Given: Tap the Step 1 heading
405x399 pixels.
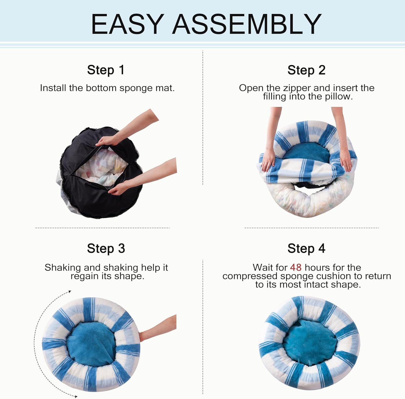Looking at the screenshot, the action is click(106, 70).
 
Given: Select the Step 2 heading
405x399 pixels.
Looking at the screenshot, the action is click(306, 70).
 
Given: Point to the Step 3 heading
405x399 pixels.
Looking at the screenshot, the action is click(106, 248).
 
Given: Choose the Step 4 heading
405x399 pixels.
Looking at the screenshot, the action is click(306, 248).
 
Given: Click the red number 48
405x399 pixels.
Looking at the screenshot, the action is click(296, 267).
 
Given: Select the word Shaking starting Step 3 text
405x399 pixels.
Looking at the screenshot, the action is click(63, 268).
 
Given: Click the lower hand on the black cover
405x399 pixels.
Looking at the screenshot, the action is click(119, 188).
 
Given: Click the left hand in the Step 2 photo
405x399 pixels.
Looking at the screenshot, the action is click(268, 161).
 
